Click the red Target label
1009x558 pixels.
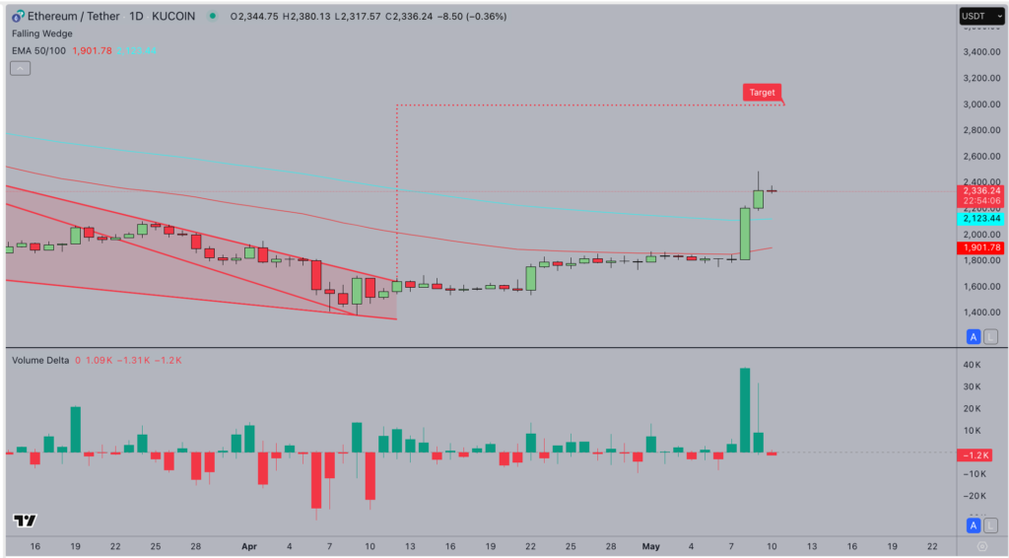[762, 92]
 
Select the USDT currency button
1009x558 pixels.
[974, 16]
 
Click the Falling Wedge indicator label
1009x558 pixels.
[41, 34]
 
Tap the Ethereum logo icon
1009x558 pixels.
[18, 16]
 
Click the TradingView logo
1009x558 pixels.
[25, 521]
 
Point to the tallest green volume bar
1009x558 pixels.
[745, 410]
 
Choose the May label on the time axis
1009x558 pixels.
[650, 545]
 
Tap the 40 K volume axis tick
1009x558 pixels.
[973, 366]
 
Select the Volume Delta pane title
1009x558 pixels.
[40, 360]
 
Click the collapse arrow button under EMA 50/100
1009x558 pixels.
[20, 68]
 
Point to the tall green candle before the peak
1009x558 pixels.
[745, 233]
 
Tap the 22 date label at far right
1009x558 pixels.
[932, 545]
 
